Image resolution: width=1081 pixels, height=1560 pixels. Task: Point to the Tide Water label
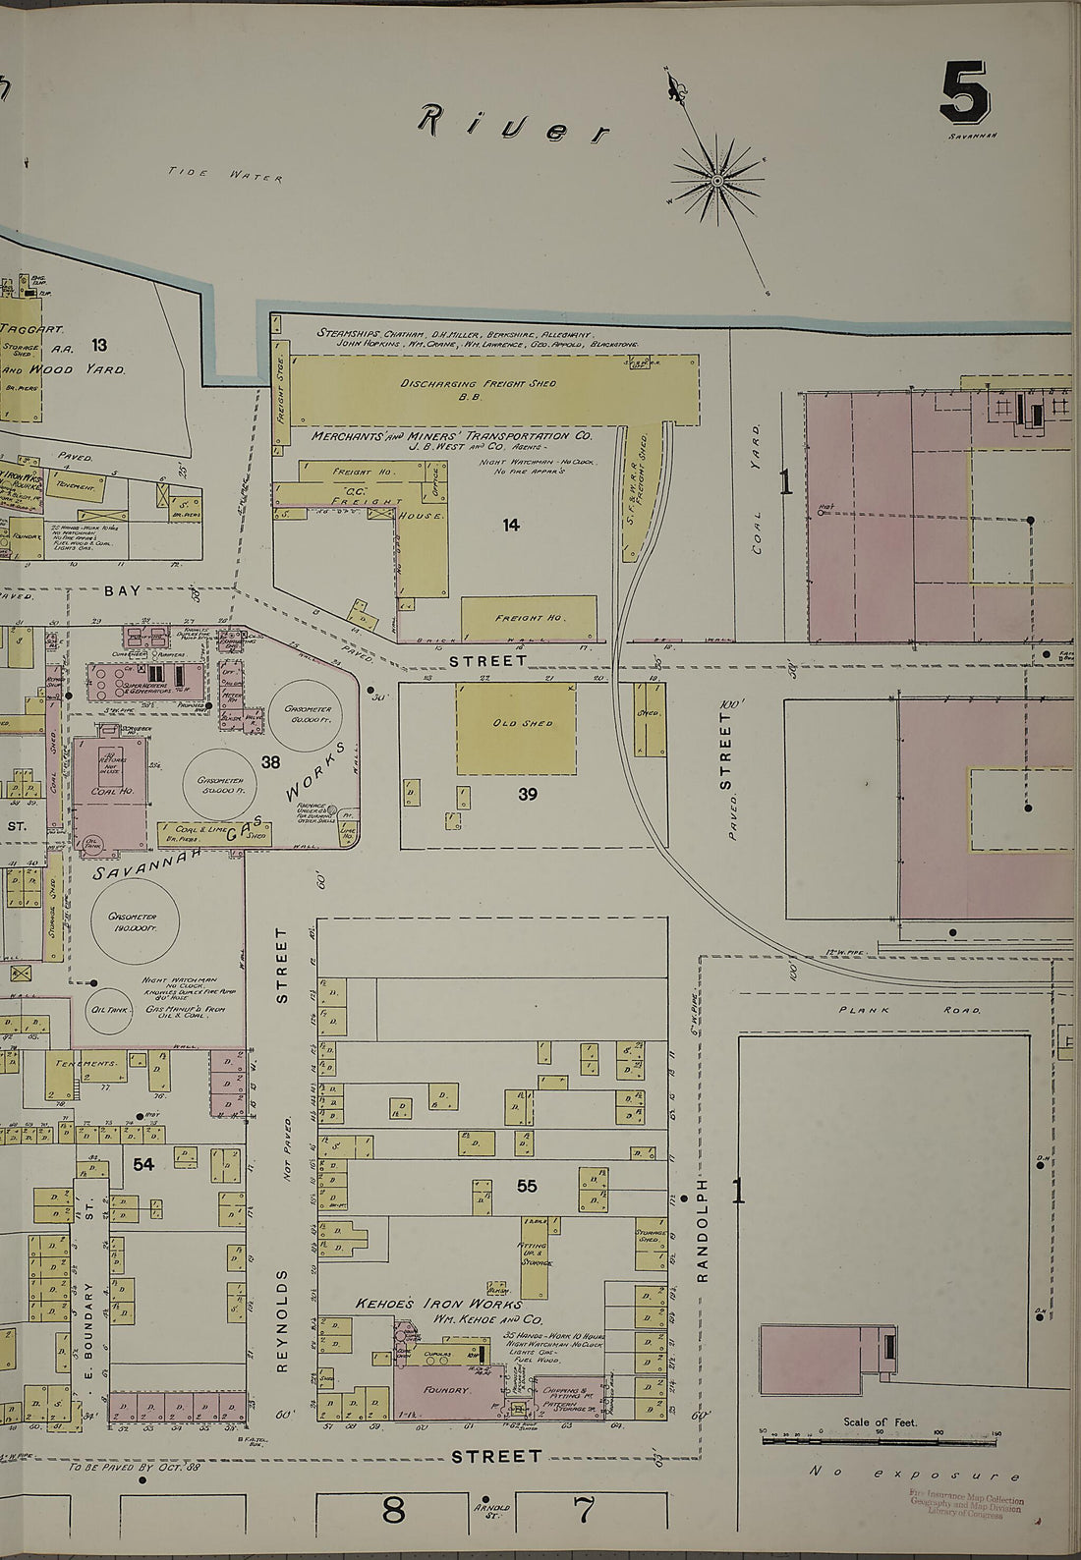click(225, 175)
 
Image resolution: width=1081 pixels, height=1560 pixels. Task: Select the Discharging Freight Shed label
click(478, 384)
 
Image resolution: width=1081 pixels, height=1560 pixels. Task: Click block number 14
click(510, 526)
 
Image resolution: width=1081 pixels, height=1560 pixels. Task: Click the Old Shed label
click(522, 723)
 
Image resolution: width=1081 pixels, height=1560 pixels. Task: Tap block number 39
click(528, 795)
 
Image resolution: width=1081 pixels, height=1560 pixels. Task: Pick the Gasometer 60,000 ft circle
click(308, 714)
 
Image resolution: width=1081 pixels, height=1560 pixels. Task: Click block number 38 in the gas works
click(270, 761)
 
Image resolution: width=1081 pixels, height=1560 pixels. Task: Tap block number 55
click(527, 1187)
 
